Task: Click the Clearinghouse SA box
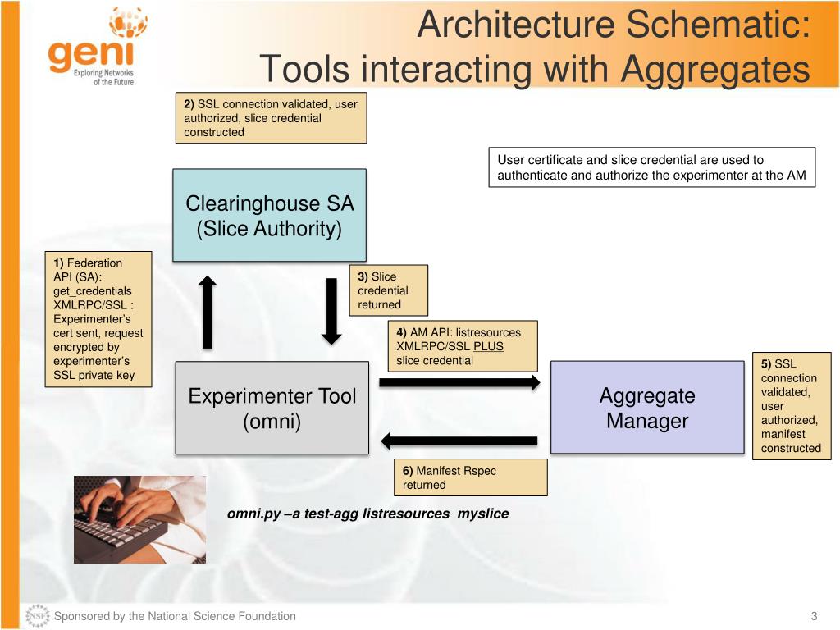coord(269,215)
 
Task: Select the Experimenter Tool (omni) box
coord(272,408)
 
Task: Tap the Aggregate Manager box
coord(646,408)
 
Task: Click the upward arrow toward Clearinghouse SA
coord(208,312)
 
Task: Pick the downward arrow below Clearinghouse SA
coord(331,311)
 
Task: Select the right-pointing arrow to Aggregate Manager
coord(459,382)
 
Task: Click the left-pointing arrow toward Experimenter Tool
coord(459,441)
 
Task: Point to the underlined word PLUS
coord(488,346)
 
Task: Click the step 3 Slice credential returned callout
coord(389,290)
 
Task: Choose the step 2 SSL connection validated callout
coord(271,118)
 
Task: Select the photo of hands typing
coord(139,519)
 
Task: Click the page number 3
coord(815,616)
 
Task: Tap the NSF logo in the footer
coord(37,616)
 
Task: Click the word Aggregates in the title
coord(715,69)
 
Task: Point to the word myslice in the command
coord(483,514)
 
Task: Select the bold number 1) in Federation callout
coord(59,262)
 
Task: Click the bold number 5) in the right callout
coord(766,364)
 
